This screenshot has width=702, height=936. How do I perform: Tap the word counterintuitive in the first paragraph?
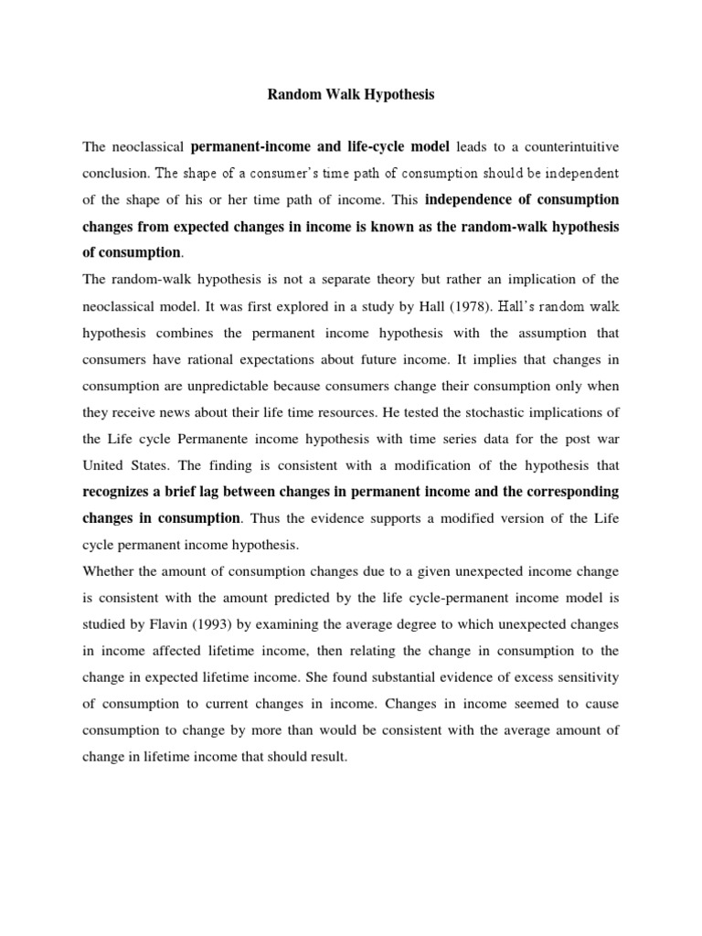click(x=567, y=146)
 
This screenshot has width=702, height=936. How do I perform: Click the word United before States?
click(x=106, y=465)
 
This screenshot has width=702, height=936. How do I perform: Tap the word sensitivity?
click(x=585, y=677)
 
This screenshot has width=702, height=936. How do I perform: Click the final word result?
click(x=327, y=757)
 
